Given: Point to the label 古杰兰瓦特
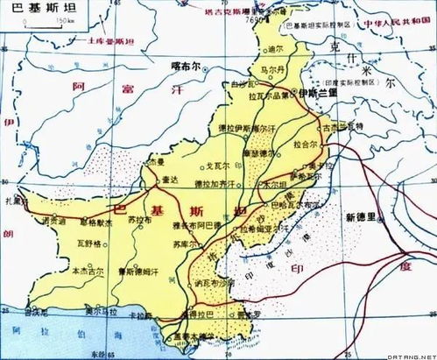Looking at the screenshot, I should click(343, 127).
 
